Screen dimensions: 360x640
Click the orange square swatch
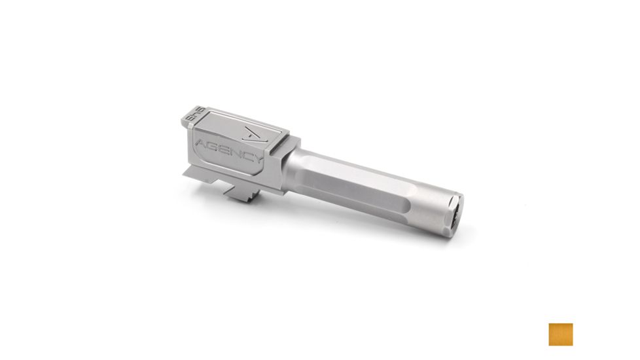click(x=561, y=334)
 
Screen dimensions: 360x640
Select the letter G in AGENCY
click(x=210, y=144)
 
